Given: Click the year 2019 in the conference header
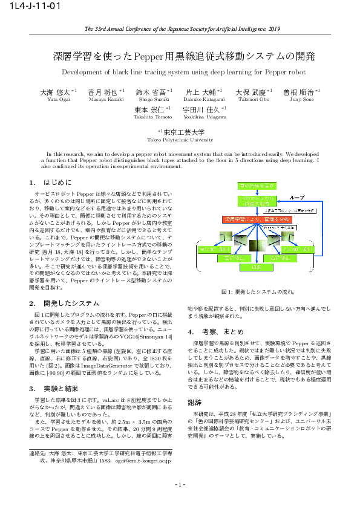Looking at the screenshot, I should pos(275,28).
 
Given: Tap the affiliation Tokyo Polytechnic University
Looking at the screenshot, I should pos(180,139).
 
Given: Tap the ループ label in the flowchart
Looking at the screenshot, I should pos(297,197).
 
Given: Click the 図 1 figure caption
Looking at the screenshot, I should pos(257,292).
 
